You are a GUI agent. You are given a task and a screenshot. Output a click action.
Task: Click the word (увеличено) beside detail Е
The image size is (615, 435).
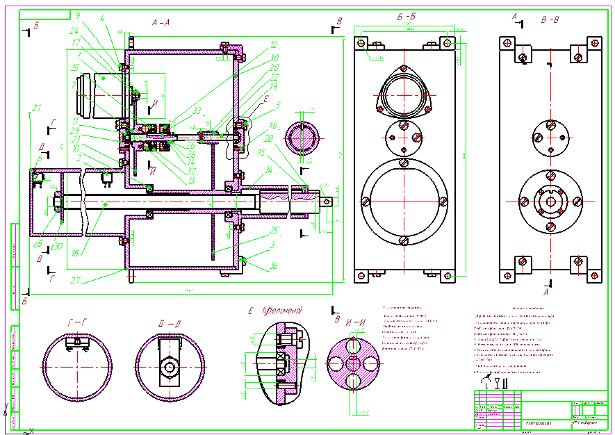coord(282,310)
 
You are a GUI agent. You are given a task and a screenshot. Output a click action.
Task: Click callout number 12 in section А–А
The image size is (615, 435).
coord(274,44)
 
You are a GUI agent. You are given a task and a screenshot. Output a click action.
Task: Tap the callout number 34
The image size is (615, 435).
coord(269,169)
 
